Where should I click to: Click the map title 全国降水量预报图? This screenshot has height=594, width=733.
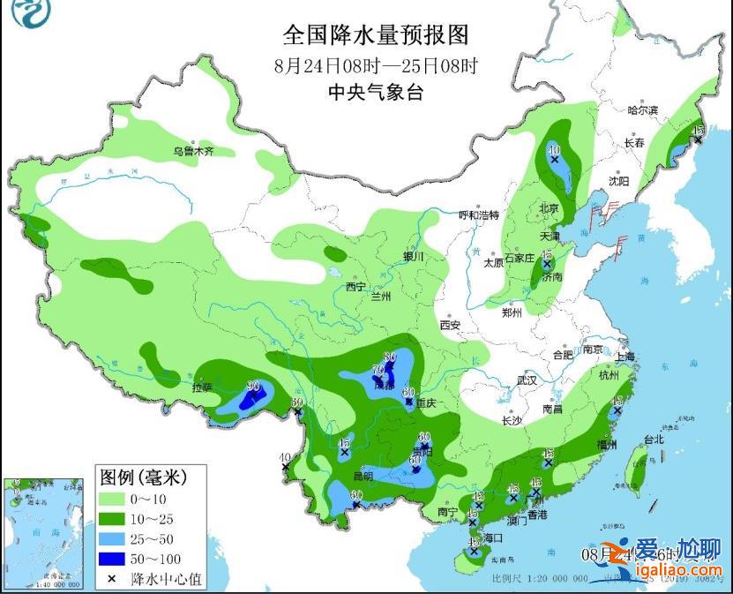(x=375, y=34)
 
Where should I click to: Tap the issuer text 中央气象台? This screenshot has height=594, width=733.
(x=375, y=92)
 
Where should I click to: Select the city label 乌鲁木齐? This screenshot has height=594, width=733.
(x=193, y=152)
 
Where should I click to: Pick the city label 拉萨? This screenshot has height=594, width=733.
(x=202, y=387)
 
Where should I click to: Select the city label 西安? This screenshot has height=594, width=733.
(x=450, y=325)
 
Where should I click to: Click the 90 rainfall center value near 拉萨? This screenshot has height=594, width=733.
(x=254, y=386)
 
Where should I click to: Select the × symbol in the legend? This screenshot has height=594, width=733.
(x=113, y=579)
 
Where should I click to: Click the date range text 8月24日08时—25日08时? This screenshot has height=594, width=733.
(x=375, y=64)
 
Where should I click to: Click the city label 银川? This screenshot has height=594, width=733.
(x=414, y=257)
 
